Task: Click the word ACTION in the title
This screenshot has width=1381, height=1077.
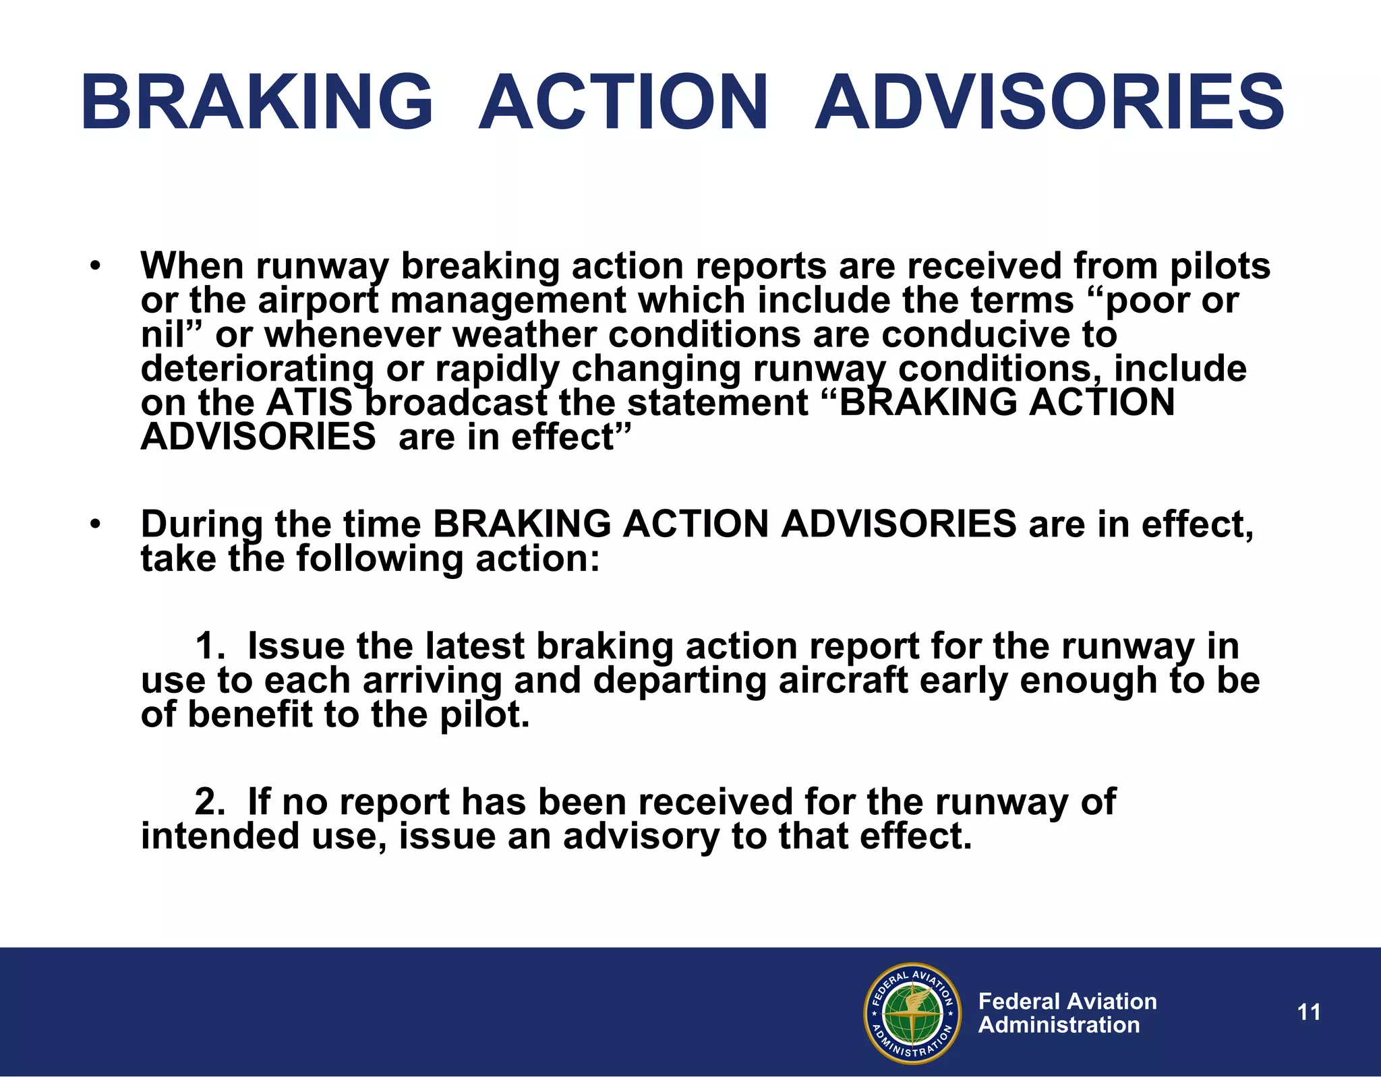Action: tap(623, 102)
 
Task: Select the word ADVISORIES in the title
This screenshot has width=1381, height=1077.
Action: tap(1049, 102)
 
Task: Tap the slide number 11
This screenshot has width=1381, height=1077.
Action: tap(1309, 1012)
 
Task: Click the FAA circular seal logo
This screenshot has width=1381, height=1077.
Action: tap(912, 1013)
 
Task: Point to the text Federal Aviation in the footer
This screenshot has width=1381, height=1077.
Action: tap(1067, 1001)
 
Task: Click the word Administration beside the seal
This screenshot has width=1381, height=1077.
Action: tap(1059, 1025)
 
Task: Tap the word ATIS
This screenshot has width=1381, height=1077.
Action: tap(310, 403)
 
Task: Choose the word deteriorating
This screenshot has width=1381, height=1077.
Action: tap(257, 369)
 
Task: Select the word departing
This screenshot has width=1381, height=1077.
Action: tap(680, 680)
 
